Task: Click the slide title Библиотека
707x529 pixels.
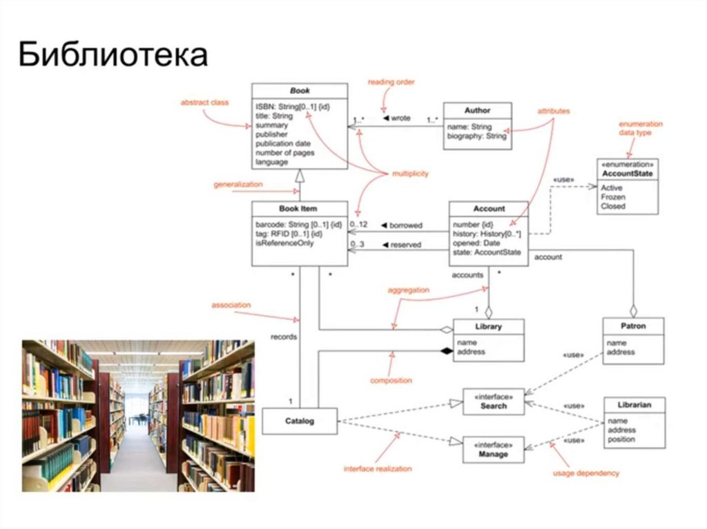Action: [x=113, y=54]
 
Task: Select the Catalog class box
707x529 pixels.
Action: [x=299, y=421]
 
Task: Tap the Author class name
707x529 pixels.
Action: [x=477, y=110]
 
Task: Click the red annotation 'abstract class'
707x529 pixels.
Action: [x=204, y=102]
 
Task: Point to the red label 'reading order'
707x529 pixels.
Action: [x=391, y=81]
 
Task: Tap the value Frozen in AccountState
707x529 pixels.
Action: [x=613, y=197]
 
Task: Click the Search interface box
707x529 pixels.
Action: [x=494, y=401]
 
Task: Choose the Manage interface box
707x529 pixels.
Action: [x=494, y=450]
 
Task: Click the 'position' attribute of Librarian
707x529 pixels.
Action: [x=621, y=439]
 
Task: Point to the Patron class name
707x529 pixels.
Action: [x=633, y=326]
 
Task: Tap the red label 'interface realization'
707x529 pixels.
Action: [x=378, y=469]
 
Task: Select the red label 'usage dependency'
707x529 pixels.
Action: [x=586, y=473]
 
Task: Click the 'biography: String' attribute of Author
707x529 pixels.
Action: [x=476, y=136]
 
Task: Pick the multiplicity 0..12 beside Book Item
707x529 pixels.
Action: [x=358, y=224]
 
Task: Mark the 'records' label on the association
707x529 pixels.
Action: [x=284, y=337]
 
